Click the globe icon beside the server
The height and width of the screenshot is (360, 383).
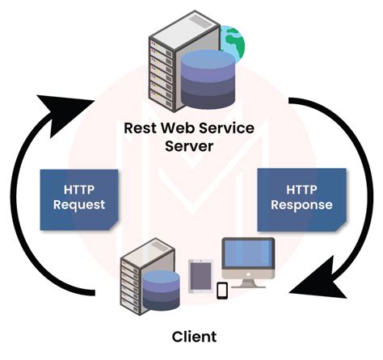coord(233,40)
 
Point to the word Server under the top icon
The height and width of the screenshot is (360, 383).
coord(191,146)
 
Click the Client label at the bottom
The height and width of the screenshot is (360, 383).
coord(192,335)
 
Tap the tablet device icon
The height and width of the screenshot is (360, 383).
coord(200,275)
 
